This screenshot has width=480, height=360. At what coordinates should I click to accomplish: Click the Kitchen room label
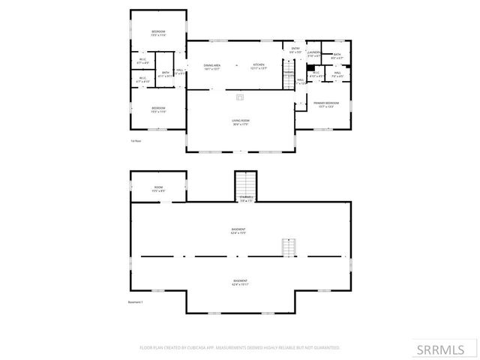[x=259, y=66]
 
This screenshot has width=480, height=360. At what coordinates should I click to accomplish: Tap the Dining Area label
[x=211, y=66]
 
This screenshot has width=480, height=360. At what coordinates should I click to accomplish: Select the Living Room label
[x=240, y=121]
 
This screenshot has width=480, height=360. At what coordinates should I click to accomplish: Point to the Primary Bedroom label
[x=326, y=103]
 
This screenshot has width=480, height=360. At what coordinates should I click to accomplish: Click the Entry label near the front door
[x=295, y=49]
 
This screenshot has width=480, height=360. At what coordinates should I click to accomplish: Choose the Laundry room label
[x=314, y=52]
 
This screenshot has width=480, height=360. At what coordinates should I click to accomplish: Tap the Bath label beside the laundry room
[x=337, y=55]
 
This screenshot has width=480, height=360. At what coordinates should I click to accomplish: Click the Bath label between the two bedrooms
[x=166, y=73]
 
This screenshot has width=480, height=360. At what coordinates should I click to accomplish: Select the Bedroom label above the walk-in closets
[x=157, y=32]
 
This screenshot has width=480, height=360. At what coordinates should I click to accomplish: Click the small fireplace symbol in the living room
[x=240, y=97]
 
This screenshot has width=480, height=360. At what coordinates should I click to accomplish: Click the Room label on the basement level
[x=158, y=188]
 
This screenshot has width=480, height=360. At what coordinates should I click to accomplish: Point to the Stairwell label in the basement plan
[x=246, y=199]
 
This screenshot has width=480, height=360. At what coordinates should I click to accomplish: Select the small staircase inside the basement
[x=289, y=247]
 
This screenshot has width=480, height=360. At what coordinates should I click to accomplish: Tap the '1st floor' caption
[x=136, y=140]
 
